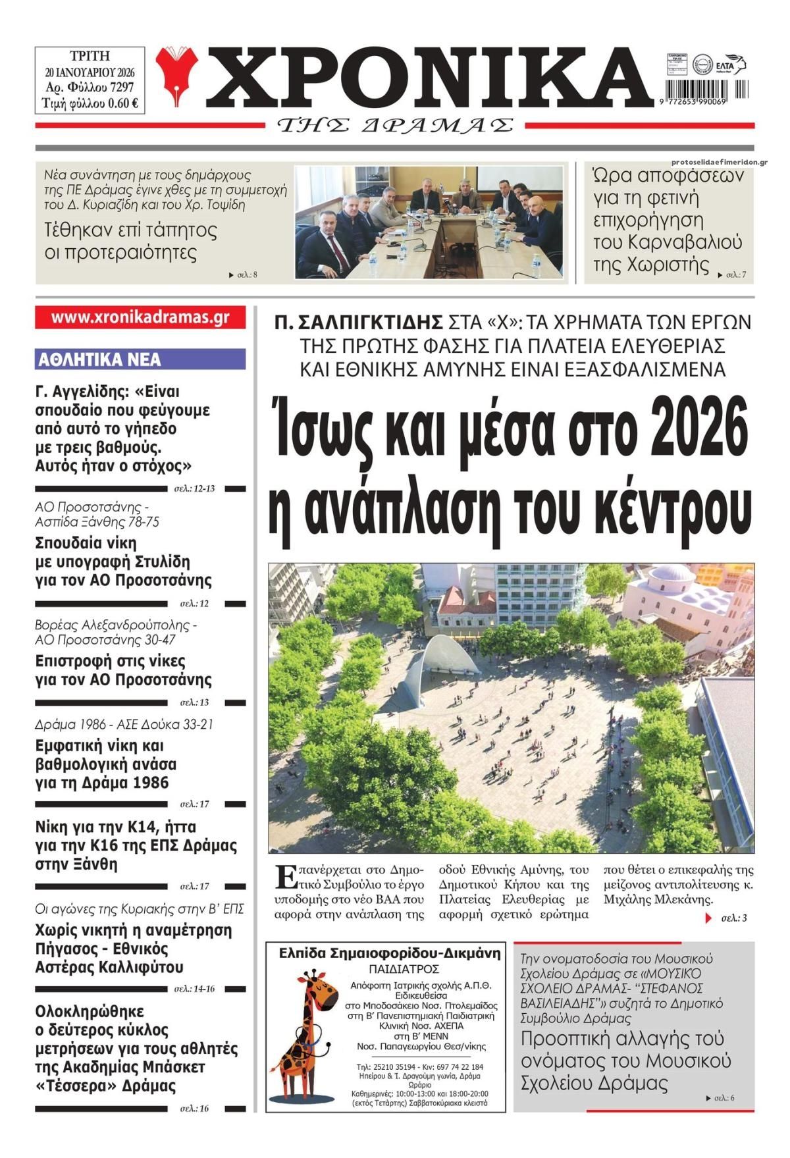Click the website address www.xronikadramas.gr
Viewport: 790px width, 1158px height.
click(x=140, y=317)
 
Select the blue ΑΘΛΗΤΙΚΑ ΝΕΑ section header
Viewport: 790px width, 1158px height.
click(x=140, y=359)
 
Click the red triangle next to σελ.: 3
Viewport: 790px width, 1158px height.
click(x=708, y=917)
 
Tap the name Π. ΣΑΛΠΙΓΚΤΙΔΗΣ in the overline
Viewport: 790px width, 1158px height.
click(x=359, y=322)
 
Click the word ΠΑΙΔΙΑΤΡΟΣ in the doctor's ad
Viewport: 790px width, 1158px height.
click(x=395, y=969)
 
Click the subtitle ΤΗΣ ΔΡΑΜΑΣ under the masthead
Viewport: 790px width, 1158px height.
click(x=395, y=125)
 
